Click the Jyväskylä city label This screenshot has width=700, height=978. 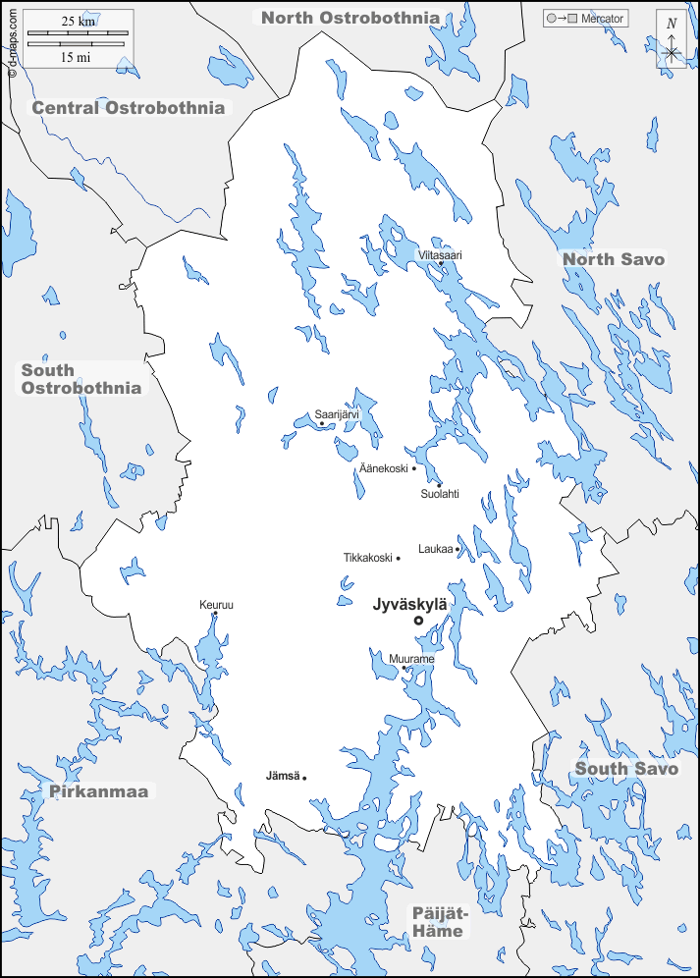[409, 605]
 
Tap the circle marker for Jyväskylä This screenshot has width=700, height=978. [418, 621]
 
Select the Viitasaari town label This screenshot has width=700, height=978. [440, 254]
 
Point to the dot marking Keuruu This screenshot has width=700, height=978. [215, 615]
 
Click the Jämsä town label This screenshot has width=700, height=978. [283, 776]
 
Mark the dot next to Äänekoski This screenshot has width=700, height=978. [414, 468]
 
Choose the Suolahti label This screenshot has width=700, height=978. [439, 494]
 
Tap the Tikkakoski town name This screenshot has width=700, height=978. [367, 558]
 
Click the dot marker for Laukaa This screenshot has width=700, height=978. [458, 549]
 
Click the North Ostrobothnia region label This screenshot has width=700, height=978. [350, 17]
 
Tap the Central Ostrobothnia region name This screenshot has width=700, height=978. [129, 107]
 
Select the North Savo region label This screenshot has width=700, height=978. [614, 259]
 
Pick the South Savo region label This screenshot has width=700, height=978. [626, 768]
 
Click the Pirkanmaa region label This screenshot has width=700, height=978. [103, 790]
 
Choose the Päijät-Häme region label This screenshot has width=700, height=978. [439, 921]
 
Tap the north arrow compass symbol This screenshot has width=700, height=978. [672, 45]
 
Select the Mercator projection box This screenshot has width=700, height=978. [586, 19]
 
